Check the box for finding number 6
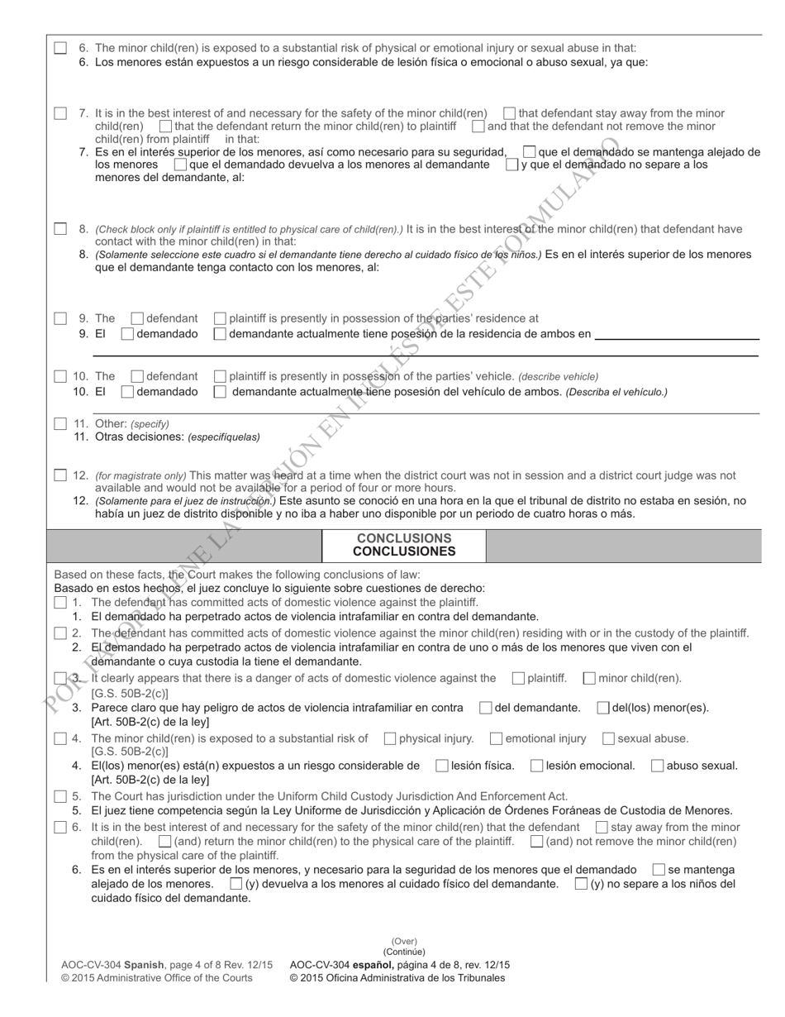click(x=60, y=48)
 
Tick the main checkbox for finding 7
click(x=60, y=113)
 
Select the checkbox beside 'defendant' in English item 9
click(x=138, y=318)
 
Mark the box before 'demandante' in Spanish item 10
click(x=220, y=392)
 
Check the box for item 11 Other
click(x=60, y=424)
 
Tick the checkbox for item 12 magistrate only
click(x=60, y=475)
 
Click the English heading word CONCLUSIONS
click(x=404, y=538)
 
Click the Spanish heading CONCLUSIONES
click(x=404, y=551)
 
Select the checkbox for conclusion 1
click(x=60, y=603)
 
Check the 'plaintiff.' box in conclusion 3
click(x=518, y=679)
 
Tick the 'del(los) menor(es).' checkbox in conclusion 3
click(x=602, y=708)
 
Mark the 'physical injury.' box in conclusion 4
click(x=390, y=738)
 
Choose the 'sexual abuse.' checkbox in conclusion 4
click(x=608, y=738)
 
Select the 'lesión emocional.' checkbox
click(x=537, y=766)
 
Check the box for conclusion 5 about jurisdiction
click(x=60, y=796)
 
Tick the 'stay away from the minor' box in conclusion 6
click(x=602, y=827)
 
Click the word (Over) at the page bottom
click(x=404, y=941)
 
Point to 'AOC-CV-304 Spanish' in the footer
click(x=112, y=965)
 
